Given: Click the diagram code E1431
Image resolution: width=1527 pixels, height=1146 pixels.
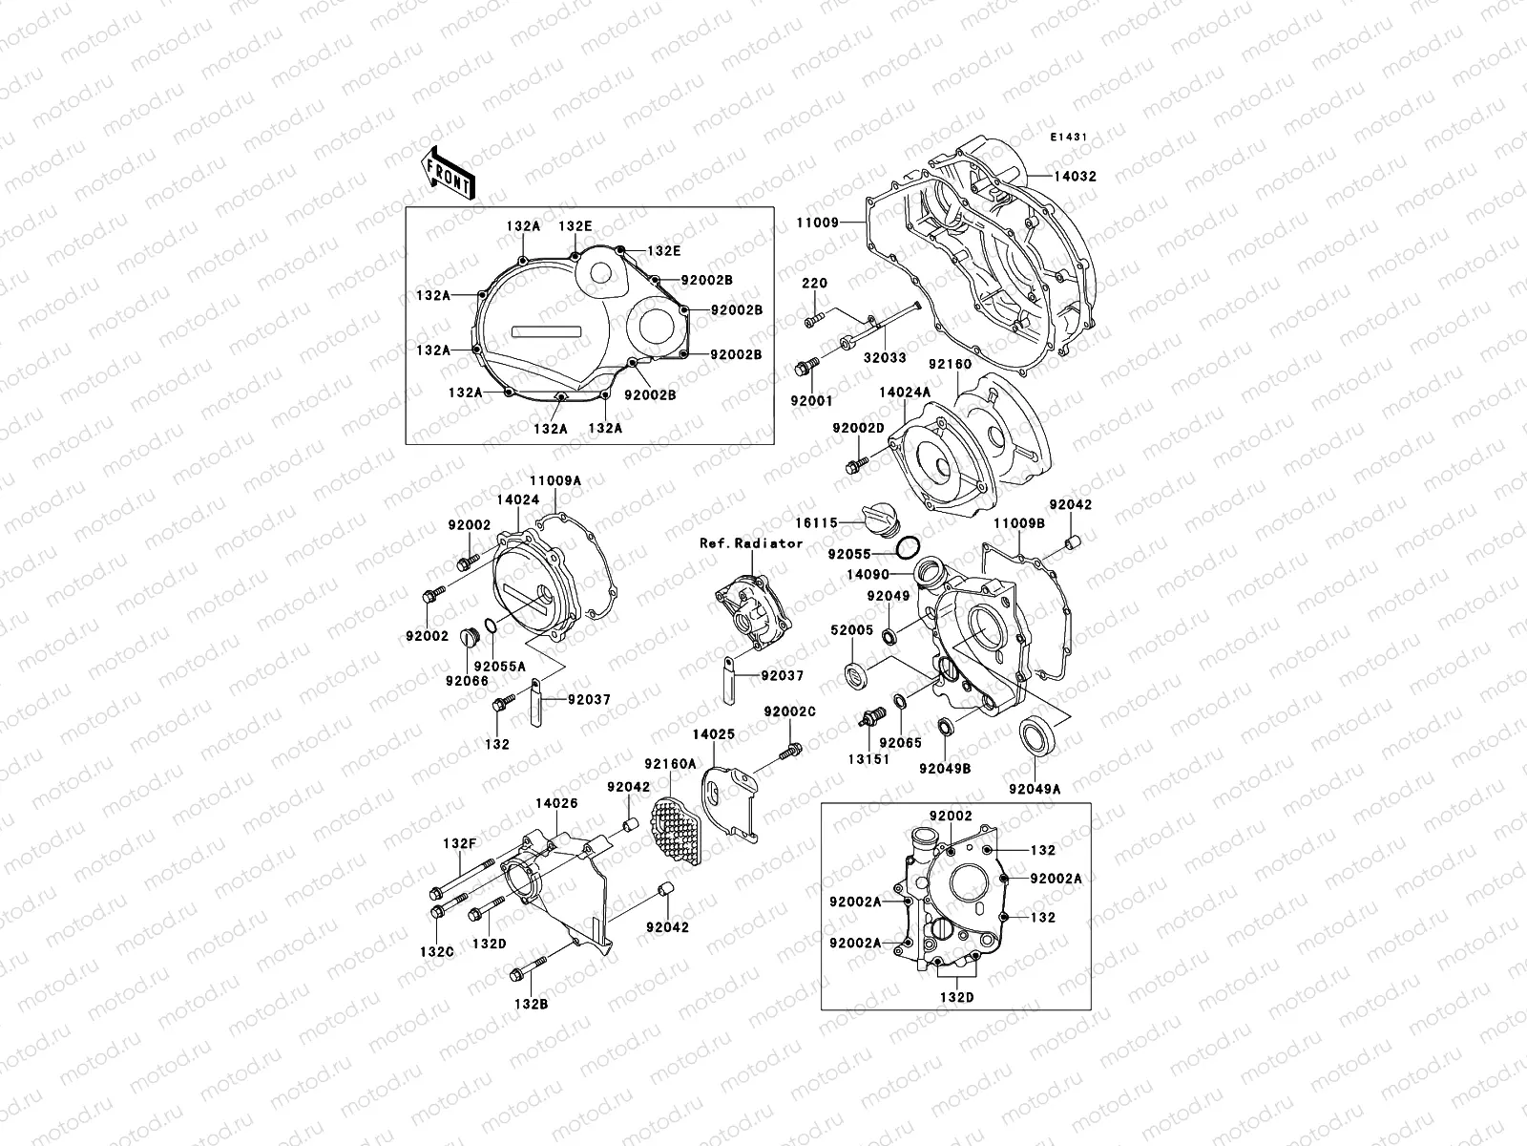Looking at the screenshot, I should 1070,138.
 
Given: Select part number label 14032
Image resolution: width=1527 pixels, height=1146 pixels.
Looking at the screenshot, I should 1075,177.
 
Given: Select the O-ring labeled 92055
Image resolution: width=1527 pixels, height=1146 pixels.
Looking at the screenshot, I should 909,547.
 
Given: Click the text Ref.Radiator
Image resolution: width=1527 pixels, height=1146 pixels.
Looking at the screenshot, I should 751,542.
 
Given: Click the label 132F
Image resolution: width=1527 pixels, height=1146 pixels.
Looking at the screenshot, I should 458,843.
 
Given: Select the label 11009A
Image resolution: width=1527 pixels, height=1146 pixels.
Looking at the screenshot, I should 554,481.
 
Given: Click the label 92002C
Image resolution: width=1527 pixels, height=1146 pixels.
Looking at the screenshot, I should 789,711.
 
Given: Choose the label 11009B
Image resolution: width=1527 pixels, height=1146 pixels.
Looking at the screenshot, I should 1018,523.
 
